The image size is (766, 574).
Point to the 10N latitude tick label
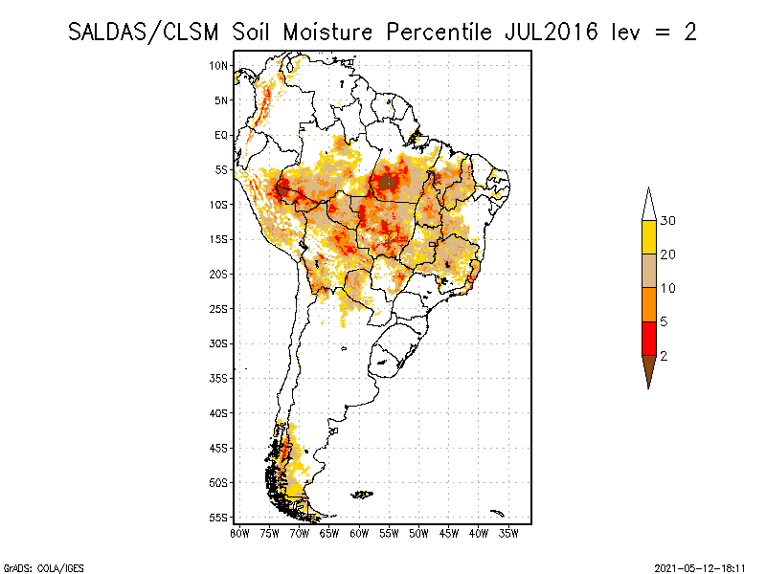click(219, 65)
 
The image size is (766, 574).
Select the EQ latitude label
click(221, 135)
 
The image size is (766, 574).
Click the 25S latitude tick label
click(219, 308)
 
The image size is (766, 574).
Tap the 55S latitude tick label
click(219, 517)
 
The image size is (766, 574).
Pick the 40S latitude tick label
click(219, 412)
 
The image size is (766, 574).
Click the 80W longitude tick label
click(239, 532)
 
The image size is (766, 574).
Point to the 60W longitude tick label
click(359, 532)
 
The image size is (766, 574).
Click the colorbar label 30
click(668, 221)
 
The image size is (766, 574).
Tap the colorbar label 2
click(664, 356)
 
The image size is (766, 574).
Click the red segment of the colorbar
click(648, 339)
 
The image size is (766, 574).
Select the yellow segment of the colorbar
click(648, 237)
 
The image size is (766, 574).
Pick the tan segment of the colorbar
click(648, 272)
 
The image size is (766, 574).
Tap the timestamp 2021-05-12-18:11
click(700, 567)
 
